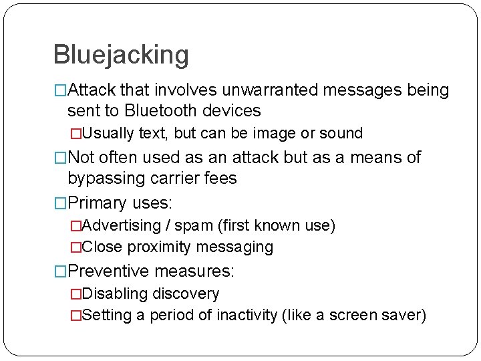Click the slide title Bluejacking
120,54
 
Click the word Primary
97,203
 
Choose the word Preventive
109,271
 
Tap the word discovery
186,293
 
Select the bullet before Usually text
75,133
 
